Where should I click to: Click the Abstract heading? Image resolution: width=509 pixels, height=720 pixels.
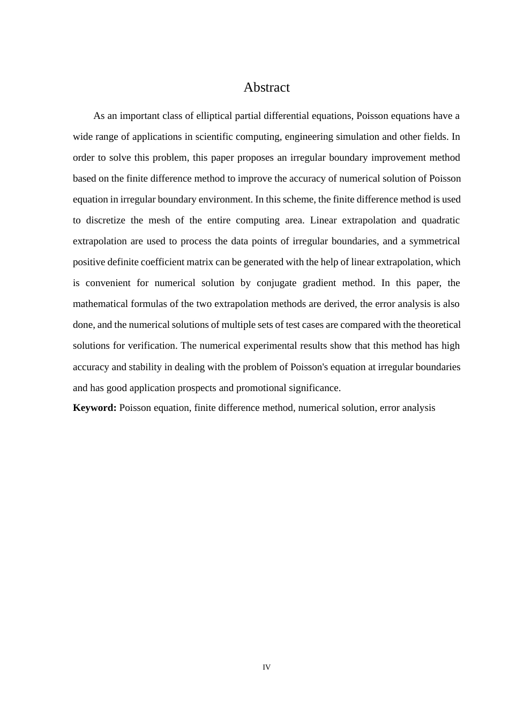[x=266, y=87]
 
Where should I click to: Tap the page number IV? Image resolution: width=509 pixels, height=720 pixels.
[x=266, y=667]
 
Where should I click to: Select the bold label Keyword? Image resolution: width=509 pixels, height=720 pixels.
[x=95, y=408]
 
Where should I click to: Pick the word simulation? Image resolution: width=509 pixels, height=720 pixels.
[x=358, y=137]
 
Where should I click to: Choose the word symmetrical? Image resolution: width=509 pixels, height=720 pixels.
[x=434, y=241]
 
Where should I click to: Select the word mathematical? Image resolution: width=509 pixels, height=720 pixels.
[x=101, y=304]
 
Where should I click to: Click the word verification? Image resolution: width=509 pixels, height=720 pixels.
[x=152, y=346]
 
